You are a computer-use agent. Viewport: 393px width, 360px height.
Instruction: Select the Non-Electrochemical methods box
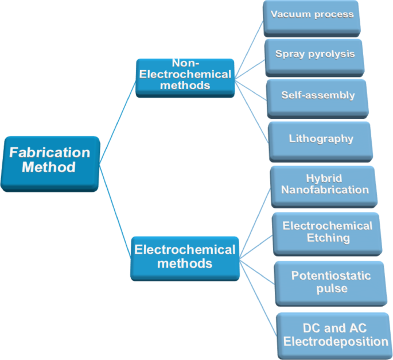pyautogui.click(x=185, y=76)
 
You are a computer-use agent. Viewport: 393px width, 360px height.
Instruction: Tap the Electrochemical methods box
pyautogui.click(x=184, y=257)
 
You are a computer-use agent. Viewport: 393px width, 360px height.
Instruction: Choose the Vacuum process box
pyautogui.click(x=313, y=16)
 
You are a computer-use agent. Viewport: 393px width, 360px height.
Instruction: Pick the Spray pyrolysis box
pyautogui.click(x=314, y=56)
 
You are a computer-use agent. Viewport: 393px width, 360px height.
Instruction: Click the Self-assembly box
pyautogui.click(x=318, y=96)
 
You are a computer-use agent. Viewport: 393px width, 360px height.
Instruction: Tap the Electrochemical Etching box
pyautogui.click(x=327, y=233)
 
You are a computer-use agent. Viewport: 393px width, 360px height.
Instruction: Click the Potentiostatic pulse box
pyautogui.click(x=331, y=282)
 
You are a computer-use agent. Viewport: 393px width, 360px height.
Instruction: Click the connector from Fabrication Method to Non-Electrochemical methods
pyautogui.click(x=118, y=121)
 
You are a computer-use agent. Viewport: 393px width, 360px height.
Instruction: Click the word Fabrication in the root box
pyautogui.click(x=50, y=153)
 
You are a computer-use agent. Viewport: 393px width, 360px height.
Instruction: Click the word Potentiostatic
pyautogui.click(x=331, y=276)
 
